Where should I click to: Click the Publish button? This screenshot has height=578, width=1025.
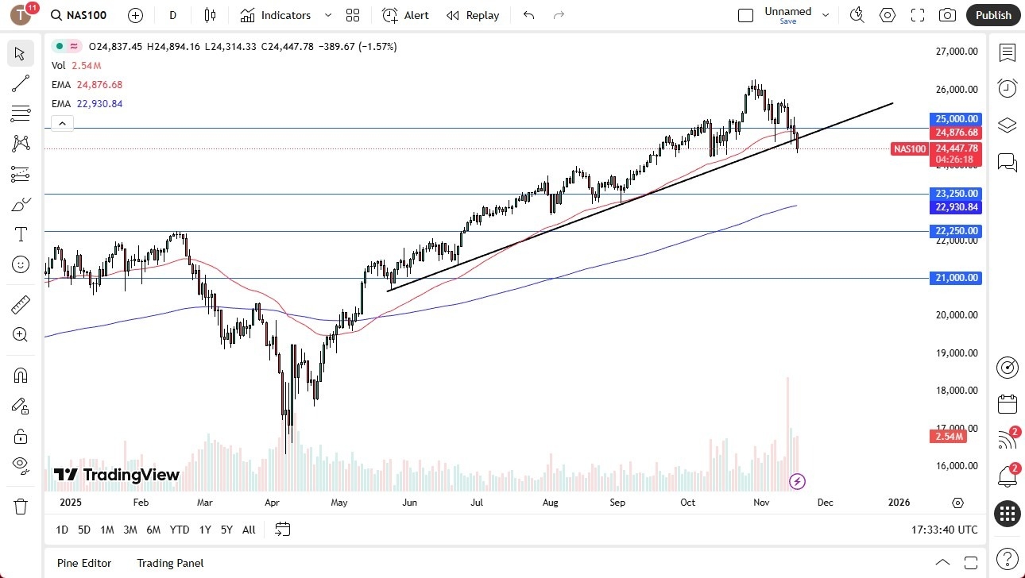pos(993,15)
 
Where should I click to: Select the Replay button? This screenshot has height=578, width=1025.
pos(473,15)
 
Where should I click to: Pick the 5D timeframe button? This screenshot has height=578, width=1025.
pos(84,530)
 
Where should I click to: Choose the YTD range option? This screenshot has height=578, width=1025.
pos(180,530)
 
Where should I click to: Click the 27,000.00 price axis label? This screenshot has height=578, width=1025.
pos(957,52)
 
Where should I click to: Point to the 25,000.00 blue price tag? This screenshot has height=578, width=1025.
pos(957,119)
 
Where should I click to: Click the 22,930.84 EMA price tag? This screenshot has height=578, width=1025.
pos(957,207)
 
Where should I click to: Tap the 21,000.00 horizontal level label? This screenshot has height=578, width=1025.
pos(957,278)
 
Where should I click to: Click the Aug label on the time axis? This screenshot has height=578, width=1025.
pos(550,503)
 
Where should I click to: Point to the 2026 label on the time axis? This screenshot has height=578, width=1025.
pos(899,503)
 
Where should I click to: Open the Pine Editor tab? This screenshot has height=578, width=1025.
pos(84,563)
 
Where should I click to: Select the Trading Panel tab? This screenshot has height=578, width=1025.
pos(170,563)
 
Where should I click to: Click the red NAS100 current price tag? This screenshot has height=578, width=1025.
pos(910,148)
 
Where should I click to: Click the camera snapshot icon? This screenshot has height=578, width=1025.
pos(947,15)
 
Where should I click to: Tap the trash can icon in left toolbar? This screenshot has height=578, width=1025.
pos(21,506)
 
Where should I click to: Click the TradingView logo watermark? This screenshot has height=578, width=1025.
pos(117,475)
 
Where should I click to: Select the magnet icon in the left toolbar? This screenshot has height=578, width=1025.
pos(21,375)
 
